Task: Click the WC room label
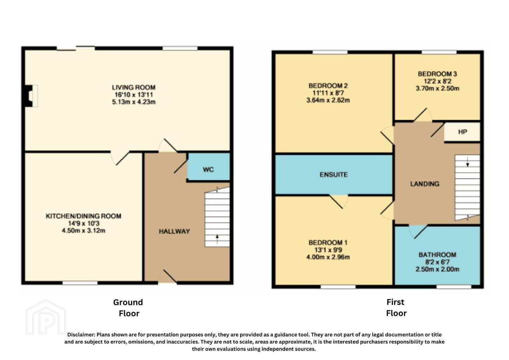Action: (208, 169)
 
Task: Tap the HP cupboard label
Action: (462, 132)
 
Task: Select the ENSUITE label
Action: (334, 174)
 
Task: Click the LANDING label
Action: (425, 184)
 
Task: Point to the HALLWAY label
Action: (174, 231)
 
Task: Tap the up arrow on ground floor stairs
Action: (217, 239)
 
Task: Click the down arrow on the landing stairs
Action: (467, 162)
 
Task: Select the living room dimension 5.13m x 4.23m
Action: (134, 102)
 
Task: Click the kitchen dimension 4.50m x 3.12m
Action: (83, 231)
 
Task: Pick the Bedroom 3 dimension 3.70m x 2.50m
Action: (437, 88)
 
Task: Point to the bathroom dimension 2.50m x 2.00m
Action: (437, 269)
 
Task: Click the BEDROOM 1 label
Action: (328, 243)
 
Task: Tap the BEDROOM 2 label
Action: (328, 86)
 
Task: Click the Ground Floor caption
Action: (128, 308)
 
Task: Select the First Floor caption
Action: (396, 308)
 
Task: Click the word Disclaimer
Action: (81, 335)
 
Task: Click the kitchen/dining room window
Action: (80, 283)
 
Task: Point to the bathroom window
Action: (454, 287)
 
